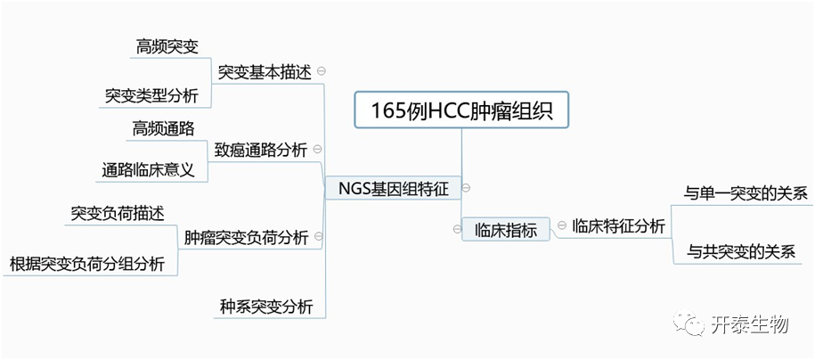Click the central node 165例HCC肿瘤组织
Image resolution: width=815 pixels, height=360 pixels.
460,110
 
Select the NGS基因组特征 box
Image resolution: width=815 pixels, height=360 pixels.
393,188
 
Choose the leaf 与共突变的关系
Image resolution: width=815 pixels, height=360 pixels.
740,252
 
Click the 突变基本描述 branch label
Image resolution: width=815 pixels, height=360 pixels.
265,72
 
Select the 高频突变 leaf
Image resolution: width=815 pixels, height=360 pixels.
167,46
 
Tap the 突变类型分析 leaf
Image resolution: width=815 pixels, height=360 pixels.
151,95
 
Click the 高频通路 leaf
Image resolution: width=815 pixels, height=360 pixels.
163,127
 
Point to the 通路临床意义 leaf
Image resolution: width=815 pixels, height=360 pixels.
148,169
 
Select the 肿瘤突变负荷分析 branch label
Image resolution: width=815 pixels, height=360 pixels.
246,238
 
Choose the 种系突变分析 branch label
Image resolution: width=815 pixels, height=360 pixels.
265,307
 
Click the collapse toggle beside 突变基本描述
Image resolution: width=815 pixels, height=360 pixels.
321,71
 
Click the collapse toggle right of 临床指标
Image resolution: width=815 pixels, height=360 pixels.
560,228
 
